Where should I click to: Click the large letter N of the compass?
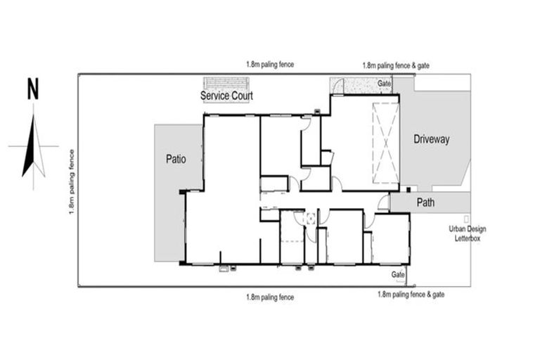tap(33, 89)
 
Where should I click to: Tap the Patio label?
tap(176, 159)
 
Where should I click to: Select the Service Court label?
tap(226, 96)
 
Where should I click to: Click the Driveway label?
tap(431, 139)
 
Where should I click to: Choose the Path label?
tap(425, 202)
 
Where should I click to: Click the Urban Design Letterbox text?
tap(468, 233)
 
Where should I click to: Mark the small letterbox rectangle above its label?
tap(466, 219)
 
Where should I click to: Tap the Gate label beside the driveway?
tap(384, 84)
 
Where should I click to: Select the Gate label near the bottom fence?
tap(398, 274)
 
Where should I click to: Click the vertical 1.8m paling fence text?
tap(72, 182)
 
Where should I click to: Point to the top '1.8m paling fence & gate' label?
tap(396, 65)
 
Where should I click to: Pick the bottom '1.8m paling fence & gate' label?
tap(411, 295)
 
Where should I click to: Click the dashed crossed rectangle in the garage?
tap(386, 143)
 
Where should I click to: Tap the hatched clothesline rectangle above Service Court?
tap(226, 84)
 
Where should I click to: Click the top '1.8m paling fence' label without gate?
tap(270, 65)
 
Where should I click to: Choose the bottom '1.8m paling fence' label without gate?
tap(270, 297)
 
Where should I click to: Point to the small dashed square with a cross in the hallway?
tap(310, 219)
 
